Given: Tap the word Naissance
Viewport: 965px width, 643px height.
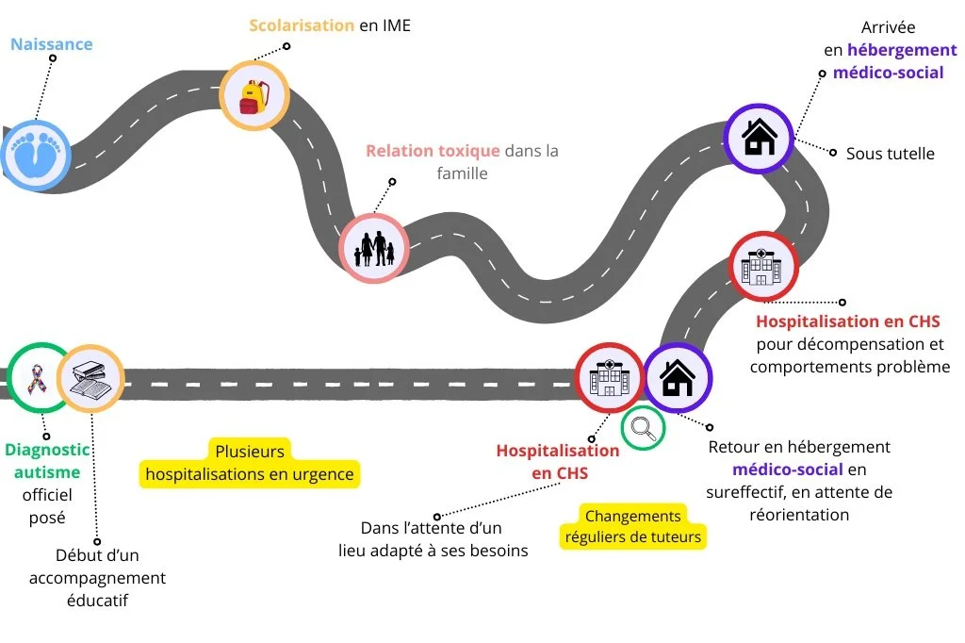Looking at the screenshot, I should (x=51, y=43).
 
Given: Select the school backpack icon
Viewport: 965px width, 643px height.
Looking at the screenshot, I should (x=254, y=96).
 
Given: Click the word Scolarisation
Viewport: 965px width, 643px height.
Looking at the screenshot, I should (x=302, y=25).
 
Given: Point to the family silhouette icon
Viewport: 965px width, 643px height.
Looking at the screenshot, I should (x=373, y=247).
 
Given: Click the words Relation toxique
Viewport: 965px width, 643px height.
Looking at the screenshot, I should (x=433, y=151).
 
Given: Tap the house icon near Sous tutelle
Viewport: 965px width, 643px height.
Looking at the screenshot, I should (x=759, y=138).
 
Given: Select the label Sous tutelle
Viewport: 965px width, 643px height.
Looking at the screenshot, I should (x=890, y=153).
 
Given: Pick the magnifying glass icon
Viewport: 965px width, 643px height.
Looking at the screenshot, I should (x=644, y=427).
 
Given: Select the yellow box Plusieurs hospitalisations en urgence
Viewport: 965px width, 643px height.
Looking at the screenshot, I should (x=250, y=462).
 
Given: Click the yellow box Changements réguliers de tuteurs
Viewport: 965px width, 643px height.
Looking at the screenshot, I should (x=633, y=527).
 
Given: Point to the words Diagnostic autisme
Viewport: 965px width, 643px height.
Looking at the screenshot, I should (x=47, y=460).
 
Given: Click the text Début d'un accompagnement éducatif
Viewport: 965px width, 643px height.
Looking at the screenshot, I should (x=97, y=578).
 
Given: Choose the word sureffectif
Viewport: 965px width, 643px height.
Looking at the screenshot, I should (x=749, y=491).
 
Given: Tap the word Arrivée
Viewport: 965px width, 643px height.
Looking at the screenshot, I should (x=888, y=27).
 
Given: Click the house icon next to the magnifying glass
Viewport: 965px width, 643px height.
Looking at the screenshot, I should (x=677, y=377).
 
